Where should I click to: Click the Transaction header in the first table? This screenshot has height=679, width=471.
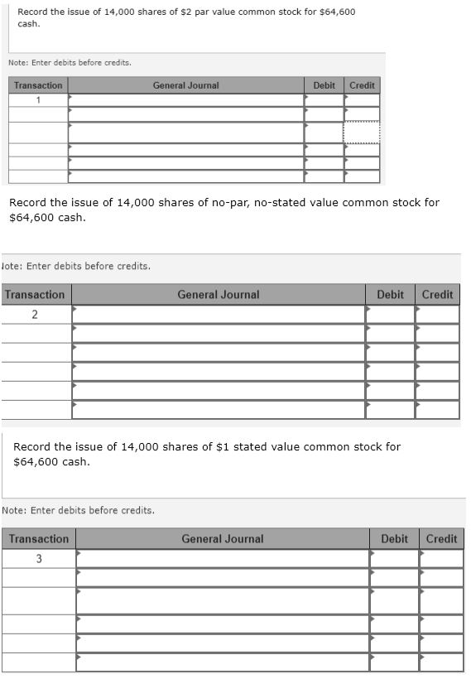[38, 85]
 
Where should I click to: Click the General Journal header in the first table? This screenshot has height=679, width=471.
[185, 85]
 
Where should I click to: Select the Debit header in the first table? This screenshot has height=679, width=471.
[324, 85]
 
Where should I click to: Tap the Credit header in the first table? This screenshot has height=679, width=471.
[362, 85]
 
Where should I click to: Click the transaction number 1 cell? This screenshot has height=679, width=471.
[38, 99]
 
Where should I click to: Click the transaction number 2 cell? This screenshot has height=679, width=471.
[35, 315]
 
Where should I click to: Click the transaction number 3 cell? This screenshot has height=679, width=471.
[38, 559]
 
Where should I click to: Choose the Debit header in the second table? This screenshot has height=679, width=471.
[390, 295]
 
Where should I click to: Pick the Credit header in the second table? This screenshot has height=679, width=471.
[437, 295]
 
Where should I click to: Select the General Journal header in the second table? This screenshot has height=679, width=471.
[218, 295]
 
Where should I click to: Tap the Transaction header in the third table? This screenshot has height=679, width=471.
[38, 539]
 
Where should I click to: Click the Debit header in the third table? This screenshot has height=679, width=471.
[394, 539]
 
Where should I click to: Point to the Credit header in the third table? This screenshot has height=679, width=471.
[441, 539]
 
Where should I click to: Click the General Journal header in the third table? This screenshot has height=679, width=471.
[222, 539]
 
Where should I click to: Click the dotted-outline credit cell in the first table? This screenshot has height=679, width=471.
[362, 132]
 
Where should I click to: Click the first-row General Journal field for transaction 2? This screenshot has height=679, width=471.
[219, 315]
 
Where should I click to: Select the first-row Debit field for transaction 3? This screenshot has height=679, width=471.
[394, 559]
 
